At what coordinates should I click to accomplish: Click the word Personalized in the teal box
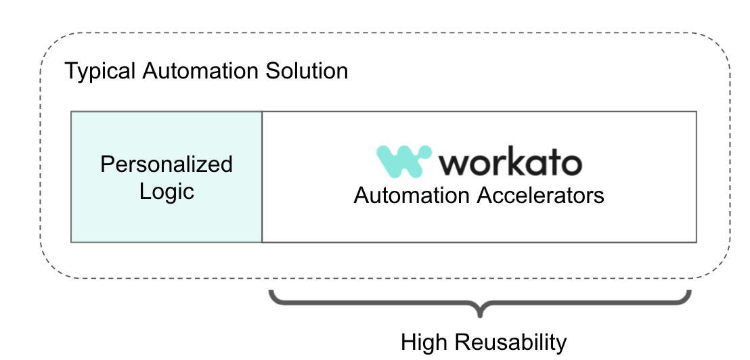click(x=167, y=164)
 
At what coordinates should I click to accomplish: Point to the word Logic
click(x=167, y=192)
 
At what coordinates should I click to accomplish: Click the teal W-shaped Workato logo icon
click(x=404, y=161)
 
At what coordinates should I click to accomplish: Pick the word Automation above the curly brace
click(x=412, y=196)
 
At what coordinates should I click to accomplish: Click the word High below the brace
click(x=425, y=342)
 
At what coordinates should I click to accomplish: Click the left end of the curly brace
click(x=271, y=294)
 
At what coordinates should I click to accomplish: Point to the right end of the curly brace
click(x=689, y=294)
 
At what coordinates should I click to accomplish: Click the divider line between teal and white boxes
click(x=262, y=177)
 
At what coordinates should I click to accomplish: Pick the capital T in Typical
click(x=70, y=71)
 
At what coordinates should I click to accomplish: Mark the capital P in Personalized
click(x=106, y=164)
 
